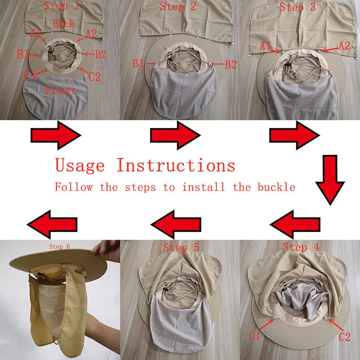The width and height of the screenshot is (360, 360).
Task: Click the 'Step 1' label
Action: coord(62,5)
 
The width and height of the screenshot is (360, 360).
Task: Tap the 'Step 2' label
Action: coord(178,6)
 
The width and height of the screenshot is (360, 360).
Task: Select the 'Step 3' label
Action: coord(297,7)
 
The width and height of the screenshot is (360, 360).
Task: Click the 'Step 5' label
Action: coord(181,247)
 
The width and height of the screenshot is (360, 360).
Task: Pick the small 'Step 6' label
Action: coord(59,247)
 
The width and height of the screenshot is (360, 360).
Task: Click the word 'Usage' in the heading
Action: coord(80,165)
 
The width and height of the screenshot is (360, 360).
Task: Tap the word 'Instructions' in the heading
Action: coord(176,165)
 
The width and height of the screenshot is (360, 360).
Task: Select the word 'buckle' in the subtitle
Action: coord(276,187)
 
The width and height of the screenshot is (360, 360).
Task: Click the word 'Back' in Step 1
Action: coord(63,24)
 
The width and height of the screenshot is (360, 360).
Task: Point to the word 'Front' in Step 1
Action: coord(60,90)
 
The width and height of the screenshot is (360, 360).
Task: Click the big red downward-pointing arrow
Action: coord(330,180)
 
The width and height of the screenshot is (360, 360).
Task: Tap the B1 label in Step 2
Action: coord(139,63)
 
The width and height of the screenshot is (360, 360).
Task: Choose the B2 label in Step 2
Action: coord(231,64)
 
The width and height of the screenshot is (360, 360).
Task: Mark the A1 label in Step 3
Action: coord(265,46)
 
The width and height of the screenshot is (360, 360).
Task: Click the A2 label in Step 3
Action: coord(344,46)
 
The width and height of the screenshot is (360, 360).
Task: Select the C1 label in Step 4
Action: coord(254,336)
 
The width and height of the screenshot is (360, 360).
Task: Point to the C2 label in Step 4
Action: coord(345,337)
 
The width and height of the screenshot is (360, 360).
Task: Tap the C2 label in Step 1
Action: coord(94,76)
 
